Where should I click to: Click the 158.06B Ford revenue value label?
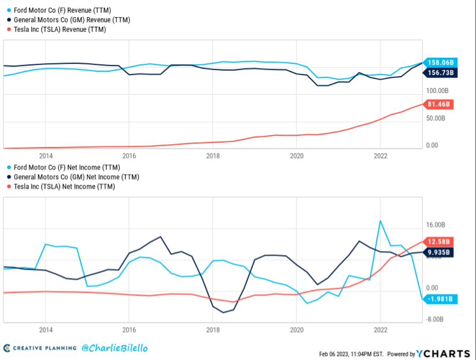(440, 62)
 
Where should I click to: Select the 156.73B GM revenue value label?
(440, 73)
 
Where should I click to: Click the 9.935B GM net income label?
(440, 252)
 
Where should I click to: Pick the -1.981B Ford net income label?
(440, 299)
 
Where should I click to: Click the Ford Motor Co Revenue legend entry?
(62, 10)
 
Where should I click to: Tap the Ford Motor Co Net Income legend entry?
(66, 167)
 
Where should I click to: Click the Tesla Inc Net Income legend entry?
(64, 186)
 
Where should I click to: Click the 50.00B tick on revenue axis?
(436, 118)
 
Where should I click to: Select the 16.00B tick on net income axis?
(436, 225)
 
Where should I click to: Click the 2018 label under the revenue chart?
(212, 156)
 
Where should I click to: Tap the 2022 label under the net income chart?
(380, 330)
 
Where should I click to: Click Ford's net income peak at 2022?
(380, 220)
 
